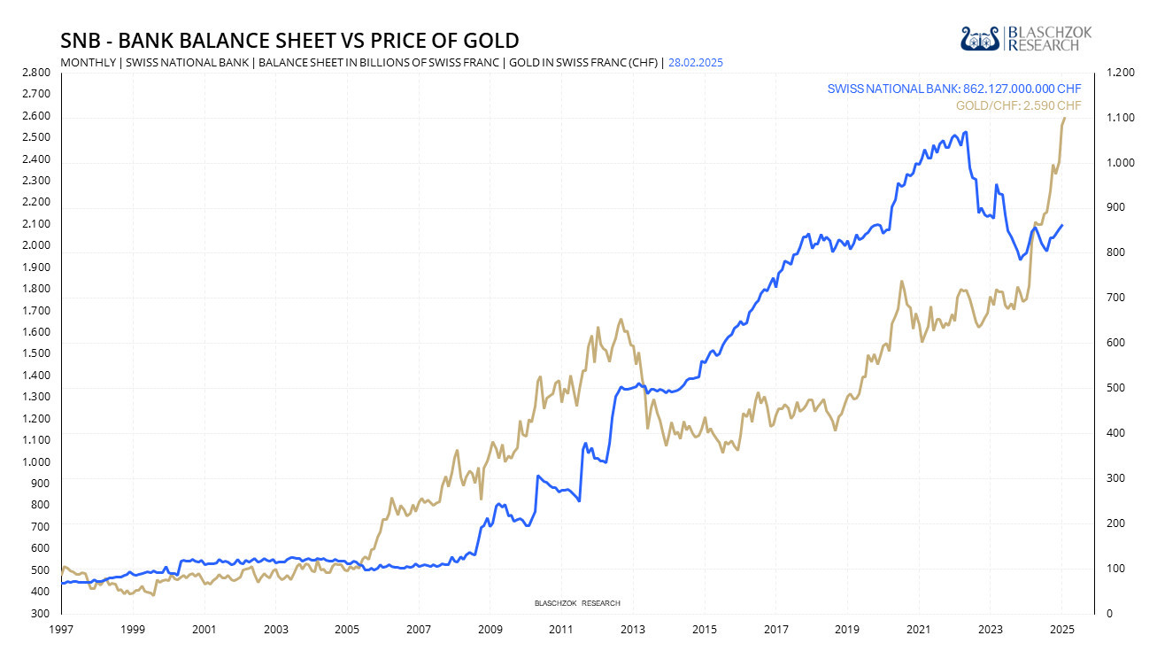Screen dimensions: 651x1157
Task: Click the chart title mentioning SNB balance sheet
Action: pos(289,41)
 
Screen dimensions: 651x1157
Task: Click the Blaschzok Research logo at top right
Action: pos(1026,38)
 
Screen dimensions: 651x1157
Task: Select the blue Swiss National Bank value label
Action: pos(954,89)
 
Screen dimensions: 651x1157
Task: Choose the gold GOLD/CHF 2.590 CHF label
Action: pos(1018,105)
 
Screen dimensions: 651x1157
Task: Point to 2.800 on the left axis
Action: pos(36,72)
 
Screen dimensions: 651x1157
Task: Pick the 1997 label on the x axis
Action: pos(61,629)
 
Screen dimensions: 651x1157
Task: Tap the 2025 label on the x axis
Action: pos(1061,629)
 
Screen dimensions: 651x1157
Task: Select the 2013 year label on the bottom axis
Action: pos(633,629)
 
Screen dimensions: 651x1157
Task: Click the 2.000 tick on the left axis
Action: pos(36,245)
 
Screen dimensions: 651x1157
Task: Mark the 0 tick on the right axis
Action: pos(1106,613)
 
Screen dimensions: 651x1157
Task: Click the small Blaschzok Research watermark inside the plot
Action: pos(577,603)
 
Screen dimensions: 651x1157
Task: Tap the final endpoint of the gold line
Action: pos(1063,118)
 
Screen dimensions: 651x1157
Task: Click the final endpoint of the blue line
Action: pos(1062,225)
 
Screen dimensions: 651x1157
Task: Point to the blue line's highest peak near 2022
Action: pos(965,132)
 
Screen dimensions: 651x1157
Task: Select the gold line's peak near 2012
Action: pos(621,319)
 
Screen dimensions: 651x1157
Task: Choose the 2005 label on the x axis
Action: pos(347,629)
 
